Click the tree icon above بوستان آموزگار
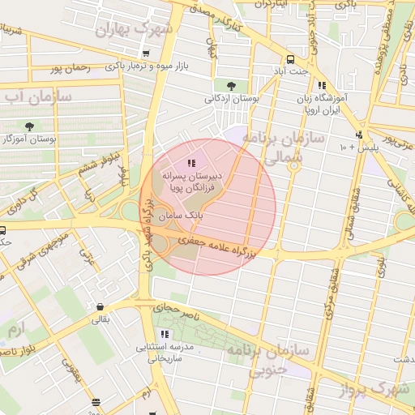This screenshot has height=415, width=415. pyautogui.click(x=30, y=126)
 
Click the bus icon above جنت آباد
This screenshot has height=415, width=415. pyautogui.click(x=289, y=59)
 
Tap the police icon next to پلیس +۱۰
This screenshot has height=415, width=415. pyautogui.click(x=359, y=135)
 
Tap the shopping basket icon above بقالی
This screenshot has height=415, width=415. pyautogui.click(x=100, y=307)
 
